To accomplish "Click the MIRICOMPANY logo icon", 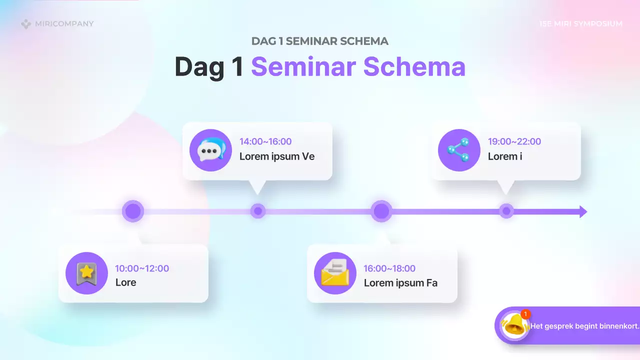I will coord(26,24).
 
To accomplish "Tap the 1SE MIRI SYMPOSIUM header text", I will coord(581,24).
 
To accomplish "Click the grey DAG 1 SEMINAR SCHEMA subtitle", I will coord(320,41).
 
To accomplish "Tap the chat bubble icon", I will coord(211,150).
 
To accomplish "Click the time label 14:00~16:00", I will coord(265,141).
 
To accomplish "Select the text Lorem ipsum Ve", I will coord(277,156).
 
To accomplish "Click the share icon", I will coord(459,150).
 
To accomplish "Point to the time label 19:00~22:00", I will coord(514,141).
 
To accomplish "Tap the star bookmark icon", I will coord(86,273).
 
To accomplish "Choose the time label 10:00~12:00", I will coord(142,268).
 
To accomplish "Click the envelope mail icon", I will coord(335,273).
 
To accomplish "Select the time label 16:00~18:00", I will coord(389,268).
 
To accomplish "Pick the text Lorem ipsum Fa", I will coord(400,283).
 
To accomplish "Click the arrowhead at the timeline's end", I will coord(582,211).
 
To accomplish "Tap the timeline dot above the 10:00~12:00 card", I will coord(133,211).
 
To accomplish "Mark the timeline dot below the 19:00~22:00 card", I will coord(506,211).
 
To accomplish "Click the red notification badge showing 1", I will coord(525,314).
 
